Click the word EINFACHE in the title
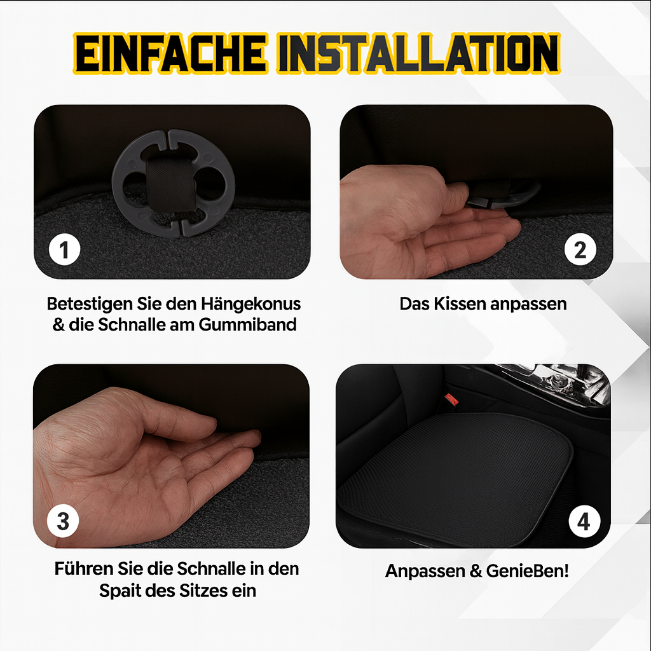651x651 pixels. tap(170, 53)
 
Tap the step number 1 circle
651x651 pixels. tap(64, 249)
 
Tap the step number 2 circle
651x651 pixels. tap(580, 249)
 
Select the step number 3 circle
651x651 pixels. tap(63, 521)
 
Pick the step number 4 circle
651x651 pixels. tap(584, 521)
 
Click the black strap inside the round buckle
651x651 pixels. tap(170, 184)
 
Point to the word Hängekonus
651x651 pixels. tap(250, 305)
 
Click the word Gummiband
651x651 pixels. tap(247, 325)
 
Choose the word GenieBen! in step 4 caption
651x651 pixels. tap(527, 572)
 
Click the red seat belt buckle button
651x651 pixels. tap(451, 401)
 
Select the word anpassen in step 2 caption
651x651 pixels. tap(528, 305)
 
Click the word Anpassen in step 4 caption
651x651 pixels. tap(425, 572)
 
